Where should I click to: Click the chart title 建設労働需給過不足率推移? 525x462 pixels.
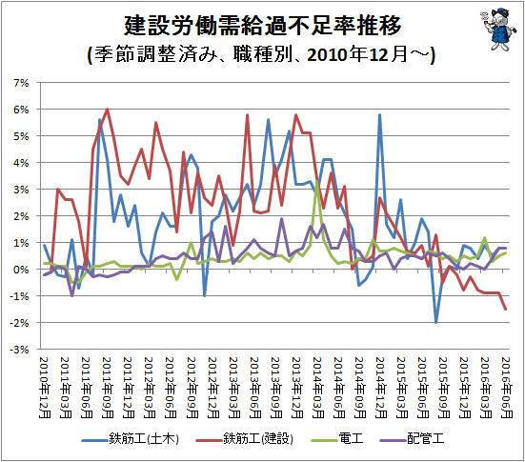tap(263, 26)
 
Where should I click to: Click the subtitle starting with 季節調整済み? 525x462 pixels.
tap(261, 54)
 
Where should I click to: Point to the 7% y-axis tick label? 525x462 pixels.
tap(21, 83)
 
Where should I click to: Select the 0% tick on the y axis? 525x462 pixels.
tap(21, 270)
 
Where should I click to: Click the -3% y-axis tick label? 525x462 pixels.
tap(19, 350)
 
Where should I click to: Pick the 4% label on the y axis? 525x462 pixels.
tap(21, 163)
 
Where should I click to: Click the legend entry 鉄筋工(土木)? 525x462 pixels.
tap(131, 439)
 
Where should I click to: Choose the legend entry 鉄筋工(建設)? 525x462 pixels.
tap(245, 439)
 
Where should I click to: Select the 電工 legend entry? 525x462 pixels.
tap(337, 439)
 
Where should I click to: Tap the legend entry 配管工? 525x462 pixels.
tap(413, 439)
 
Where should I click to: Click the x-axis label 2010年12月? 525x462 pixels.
tap(44, 388)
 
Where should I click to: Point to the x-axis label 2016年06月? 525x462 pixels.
tap(506, 388)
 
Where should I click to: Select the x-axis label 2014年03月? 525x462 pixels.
tap(317, 388)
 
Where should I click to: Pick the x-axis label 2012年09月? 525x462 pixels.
tap(192, 388)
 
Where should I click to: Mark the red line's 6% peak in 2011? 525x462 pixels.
tap(107, 110)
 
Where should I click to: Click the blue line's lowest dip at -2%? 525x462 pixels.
tap(436, 322)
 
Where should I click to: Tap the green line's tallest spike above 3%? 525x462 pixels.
tap(316, 182)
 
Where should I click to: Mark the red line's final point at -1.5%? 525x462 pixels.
tap(506, 309)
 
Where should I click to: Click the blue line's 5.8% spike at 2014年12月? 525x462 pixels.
tap(379, 115)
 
